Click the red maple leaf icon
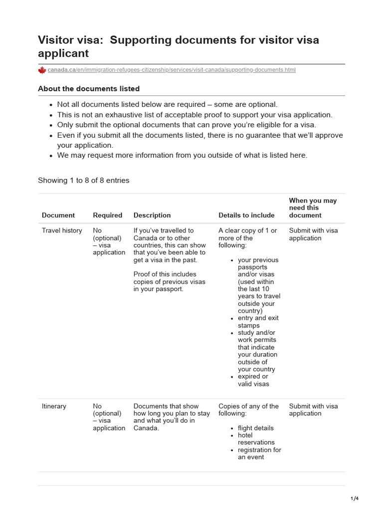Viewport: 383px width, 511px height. [x=42, y=70]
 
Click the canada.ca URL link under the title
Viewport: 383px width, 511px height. [x=172, y=70]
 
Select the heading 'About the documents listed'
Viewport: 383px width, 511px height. [x=89, y=88]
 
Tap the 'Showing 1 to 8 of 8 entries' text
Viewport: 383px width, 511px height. [x=83, y=180]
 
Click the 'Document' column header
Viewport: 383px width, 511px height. [x=58, y=215]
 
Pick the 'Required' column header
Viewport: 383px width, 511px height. [x=107, y=215]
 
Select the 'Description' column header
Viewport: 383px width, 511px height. [x=152, y=215]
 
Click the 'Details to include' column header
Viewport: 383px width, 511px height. [x=246, y=215]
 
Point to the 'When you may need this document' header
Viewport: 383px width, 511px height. [x=313, y=208]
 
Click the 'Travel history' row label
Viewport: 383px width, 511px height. [x=62, y=231]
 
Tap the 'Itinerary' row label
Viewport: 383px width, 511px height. [x=54, y=406]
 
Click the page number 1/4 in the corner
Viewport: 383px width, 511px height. [x=354, y=499]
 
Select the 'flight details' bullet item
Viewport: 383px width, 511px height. [x=256, y=428]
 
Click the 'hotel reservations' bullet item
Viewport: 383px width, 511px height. [x=256, y=439]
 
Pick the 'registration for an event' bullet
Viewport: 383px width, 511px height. [x=259, y=454]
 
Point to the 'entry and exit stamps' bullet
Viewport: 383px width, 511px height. [x=258, y=322]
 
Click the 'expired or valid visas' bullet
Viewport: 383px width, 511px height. [x=253, y=380]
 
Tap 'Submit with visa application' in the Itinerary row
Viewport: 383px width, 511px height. [x=313, y=410]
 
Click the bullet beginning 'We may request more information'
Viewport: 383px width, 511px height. [x=183, y=155]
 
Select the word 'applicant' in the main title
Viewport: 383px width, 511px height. [x=63, y=53]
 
